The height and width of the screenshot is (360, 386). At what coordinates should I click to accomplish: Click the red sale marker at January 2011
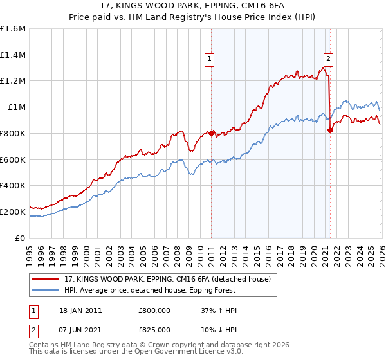(211, 133)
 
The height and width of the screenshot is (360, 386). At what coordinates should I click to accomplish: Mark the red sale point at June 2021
(330, 130)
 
